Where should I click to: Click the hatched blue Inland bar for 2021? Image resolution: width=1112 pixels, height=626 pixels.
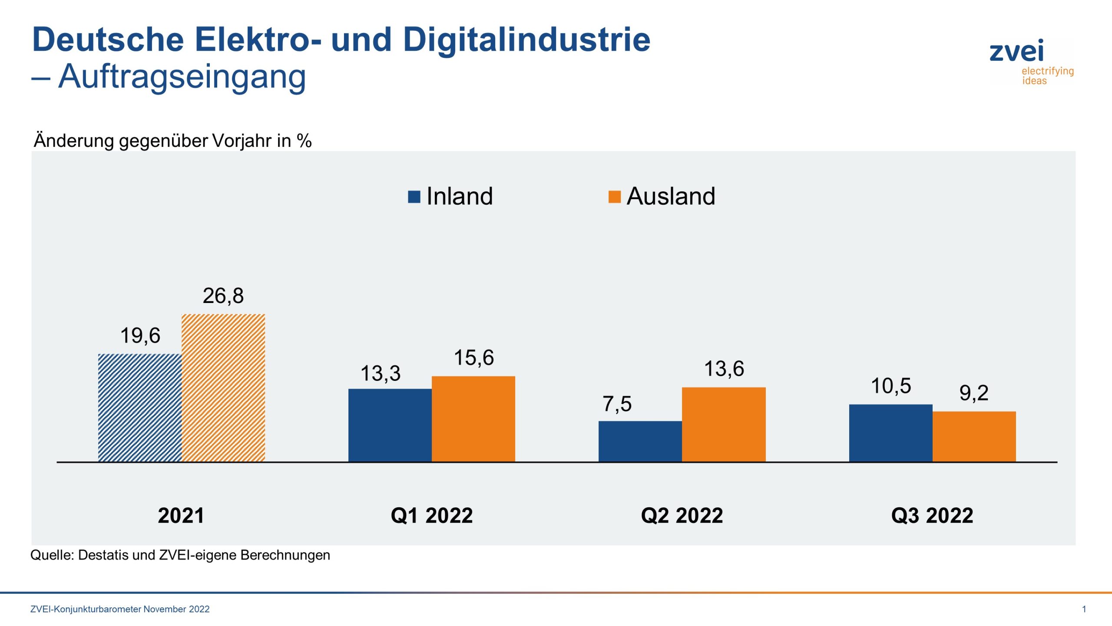[140, 407]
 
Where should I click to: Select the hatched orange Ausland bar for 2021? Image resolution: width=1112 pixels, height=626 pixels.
[223, 388]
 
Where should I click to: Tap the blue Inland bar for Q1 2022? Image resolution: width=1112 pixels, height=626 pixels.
[390, 425]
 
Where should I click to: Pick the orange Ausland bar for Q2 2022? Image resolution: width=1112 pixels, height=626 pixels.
[724, 424]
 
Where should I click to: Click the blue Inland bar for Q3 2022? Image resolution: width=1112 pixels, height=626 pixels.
[890, 433]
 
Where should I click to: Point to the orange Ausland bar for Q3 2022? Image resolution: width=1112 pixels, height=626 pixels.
[974, 436]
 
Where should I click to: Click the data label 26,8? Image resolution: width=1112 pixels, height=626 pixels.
[223, 296]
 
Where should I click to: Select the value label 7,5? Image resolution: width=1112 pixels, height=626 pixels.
[617, 404]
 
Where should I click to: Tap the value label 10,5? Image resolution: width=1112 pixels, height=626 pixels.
[890, 386]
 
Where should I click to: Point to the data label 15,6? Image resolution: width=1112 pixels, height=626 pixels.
[473, 358]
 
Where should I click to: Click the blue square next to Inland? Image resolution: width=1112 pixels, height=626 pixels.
[414, 197]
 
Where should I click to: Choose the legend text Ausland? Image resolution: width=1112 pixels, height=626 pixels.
[671, 196]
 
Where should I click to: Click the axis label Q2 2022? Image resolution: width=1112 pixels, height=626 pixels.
[682, 516]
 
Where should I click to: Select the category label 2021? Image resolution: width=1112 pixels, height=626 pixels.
[181, 516]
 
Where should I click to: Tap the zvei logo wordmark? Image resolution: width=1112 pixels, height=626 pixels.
[1016, 52]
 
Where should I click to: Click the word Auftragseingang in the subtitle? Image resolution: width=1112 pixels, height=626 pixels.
[182, 77]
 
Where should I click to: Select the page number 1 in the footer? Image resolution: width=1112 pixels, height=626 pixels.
[1084, 609]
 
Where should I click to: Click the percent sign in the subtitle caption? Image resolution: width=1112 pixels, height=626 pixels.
[304, 141]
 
